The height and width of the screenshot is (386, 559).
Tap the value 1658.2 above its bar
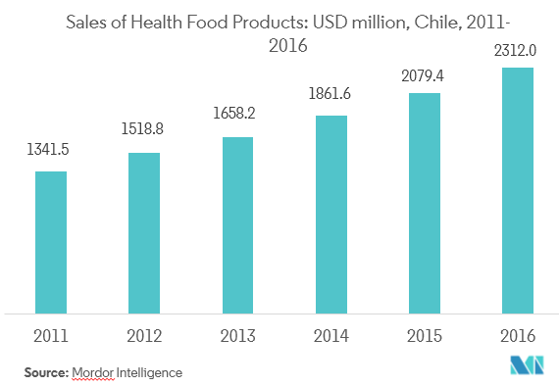click(238, 115)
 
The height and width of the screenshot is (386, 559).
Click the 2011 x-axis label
click(51, 336)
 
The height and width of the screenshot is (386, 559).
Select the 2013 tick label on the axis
click(237, 336)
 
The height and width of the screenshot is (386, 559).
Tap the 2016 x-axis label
click(518, 336)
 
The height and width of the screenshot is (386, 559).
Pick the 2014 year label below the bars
click(331, 336)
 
